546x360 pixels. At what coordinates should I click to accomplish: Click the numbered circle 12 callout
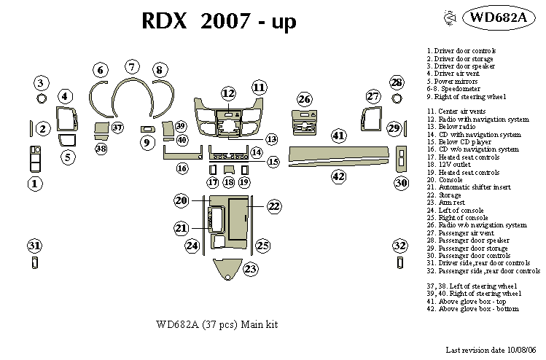[229, 93]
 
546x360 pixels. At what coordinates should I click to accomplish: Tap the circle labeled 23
[250, 270]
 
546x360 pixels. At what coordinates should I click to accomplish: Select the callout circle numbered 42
[338, 176]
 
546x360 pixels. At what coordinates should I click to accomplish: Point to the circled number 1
[34, 184]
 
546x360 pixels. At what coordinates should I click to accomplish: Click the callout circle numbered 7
[131, 67]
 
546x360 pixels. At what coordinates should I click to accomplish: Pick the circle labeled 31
[34, 245]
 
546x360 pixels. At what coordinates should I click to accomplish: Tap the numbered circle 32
[399, 245]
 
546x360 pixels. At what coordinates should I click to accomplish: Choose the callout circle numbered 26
[304, 98]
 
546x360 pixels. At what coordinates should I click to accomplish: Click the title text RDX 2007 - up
[218, 22]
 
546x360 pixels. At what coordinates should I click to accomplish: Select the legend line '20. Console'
[445, 179]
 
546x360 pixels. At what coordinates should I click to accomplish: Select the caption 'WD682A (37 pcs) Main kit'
[217, 324]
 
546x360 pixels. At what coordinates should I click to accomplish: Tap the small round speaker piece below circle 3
[42, 98]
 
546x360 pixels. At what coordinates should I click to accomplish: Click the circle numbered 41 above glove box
[338, 135]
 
